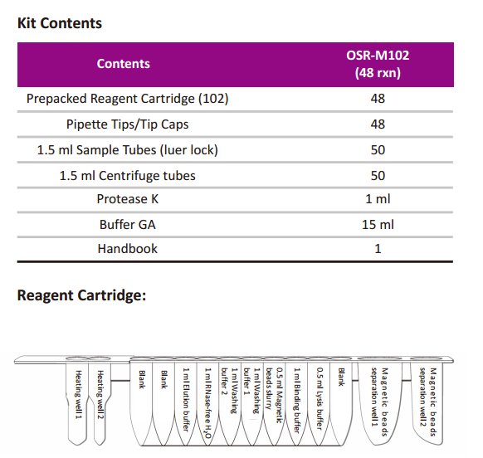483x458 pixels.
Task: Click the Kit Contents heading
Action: coord(60,23)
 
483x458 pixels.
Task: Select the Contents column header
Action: coord(123,64)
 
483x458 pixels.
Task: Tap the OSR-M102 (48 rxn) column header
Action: coord(378,64)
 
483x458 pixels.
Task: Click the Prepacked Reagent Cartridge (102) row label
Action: coord(127,99)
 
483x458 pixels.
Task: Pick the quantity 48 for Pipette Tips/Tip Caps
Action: coord(378,124)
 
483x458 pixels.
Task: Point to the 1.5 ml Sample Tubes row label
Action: coord(127,150)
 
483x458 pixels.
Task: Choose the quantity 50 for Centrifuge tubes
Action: coord(378,176)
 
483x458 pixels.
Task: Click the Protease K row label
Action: coord(127,199)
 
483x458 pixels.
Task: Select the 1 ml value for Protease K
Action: coord(378,199)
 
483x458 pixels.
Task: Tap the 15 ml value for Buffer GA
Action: coord(378,225)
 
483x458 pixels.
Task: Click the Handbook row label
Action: coord(127,249)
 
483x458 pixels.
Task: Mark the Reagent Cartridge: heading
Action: coord(81,295)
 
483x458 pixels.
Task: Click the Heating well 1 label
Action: coord(79,395)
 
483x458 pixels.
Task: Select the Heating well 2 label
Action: coord(100,395)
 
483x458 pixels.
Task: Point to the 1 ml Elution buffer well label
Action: coord(186,399)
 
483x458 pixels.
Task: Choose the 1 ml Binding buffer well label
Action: coord(296,400)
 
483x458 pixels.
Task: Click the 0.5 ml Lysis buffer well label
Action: coord(320,398)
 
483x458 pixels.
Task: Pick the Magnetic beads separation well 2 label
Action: coord(428,402)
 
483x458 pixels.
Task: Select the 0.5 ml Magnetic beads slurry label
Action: coord(274,395)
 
